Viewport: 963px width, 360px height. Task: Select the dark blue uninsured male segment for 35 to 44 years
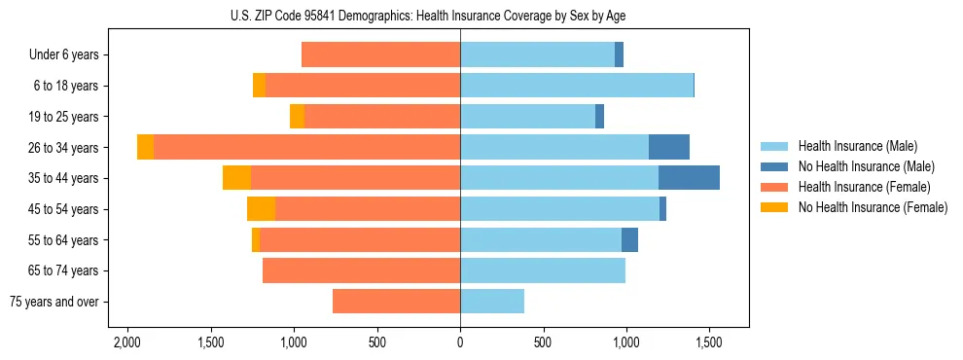coord(689,178)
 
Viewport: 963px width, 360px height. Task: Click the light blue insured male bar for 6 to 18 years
coord(577,86)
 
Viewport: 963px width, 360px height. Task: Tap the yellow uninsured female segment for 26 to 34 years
coord(146,147)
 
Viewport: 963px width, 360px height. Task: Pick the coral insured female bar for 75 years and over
coord(396,302)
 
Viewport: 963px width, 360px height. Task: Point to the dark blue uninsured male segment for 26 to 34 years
coord(669,147)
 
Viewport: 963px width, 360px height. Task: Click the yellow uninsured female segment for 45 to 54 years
coord(261,209)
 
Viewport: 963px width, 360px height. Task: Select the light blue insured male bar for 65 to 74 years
coord(543,270)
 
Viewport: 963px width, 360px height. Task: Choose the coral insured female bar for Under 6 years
coord(380,54)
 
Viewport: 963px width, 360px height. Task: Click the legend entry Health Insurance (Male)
coord(852,146)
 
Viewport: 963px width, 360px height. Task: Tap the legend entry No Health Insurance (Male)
coord(859,166)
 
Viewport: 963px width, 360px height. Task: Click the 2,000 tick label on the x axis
coord(127,342)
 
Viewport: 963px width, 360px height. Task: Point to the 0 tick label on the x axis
coord(460,342)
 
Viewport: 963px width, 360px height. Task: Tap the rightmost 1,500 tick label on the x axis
coord(708,342)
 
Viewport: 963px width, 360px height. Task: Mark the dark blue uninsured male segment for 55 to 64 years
coord(629,239)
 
